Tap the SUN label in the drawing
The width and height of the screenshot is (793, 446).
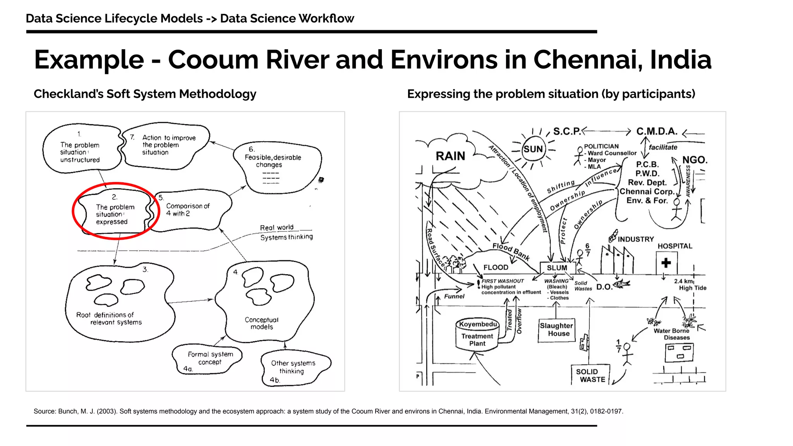point(533,149)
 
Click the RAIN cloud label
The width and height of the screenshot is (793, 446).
point(450,156)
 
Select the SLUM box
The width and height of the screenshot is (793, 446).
point(557,268)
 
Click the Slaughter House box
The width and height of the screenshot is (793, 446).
point(556,330)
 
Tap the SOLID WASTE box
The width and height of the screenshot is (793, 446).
point(590,376)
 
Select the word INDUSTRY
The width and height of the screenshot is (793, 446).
point(636,239)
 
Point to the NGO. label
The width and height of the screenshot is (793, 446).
point(695,160)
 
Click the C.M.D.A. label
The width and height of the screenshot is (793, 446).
point(657,132)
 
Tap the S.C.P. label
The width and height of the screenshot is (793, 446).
point(567,132)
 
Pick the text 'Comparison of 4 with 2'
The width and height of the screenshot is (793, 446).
point(188,210)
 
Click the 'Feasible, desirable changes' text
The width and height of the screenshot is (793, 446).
point(273,161)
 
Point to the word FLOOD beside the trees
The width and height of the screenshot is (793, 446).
point(496,268)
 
